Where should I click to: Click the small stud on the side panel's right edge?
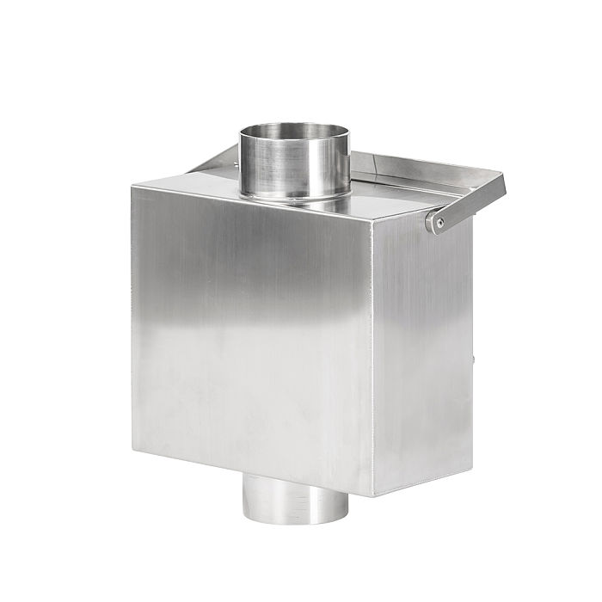point(473,353)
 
